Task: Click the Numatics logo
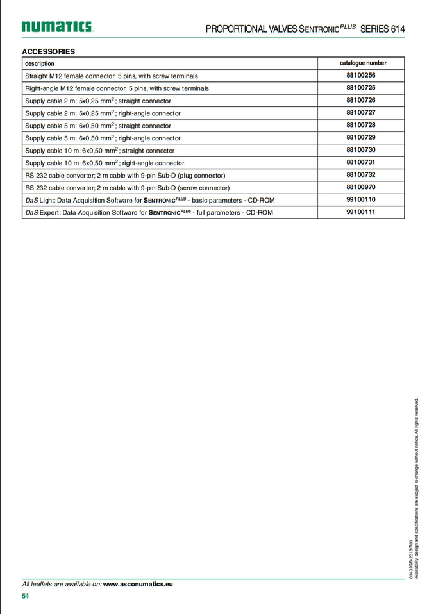pyautogui.click(x=57, y=27)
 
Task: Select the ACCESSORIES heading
pyautogui.click(x=48, y=51)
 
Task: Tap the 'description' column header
pyautogui.click(x=40, y=63)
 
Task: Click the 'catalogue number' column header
pyautogui.click(x=363, y=63)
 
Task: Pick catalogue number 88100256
pyautogui.click(x=361, y=75)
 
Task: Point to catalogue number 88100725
pyautogui.click(x=361, y=87)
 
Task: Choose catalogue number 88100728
pyautogui.click(x=361, y=125)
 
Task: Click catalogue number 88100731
pyautogui.click(x=361, y=162)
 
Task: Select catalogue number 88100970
pyautogui.click(x=361, y=187)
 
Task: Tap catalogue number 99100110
pyautogui.click(x=361, y=199)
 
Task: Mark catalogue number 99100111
pyautogui.click(x=361, y=212)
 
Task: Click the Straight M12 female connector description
pyautogui.click(x=112, y=76)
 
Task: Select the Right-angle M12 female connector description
pyautogui.click(x=117, y=88)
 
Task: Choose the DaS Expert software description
pyautogui.click(x=149, y=212)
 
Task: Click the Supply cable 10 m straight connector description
pyautogui.click(x=99, y=151)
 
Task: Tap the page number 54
pyautogui.click(x=26, y=596)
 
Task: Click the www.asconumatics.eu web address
pyautogui.click(x=138, y=584)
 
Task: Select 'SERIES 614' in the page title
pyautogui.click(x=383, y=29)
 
